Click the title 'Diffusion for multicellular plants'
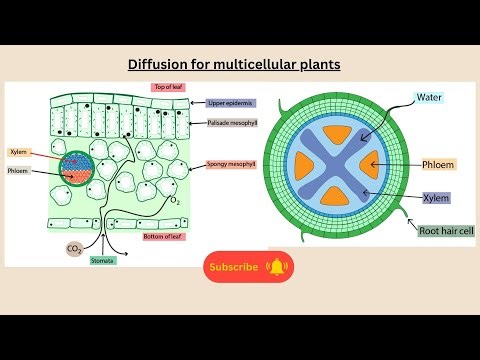point(235,65)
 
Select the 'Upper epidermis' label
point(231,103)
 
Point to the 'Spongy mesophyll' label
point(232,163)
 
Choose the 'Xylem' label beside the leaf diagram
point(18,152)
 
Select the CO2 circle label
point(74,250)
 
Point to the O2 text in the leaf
point(176,199)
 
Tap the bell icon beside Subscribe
point(277,267)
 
